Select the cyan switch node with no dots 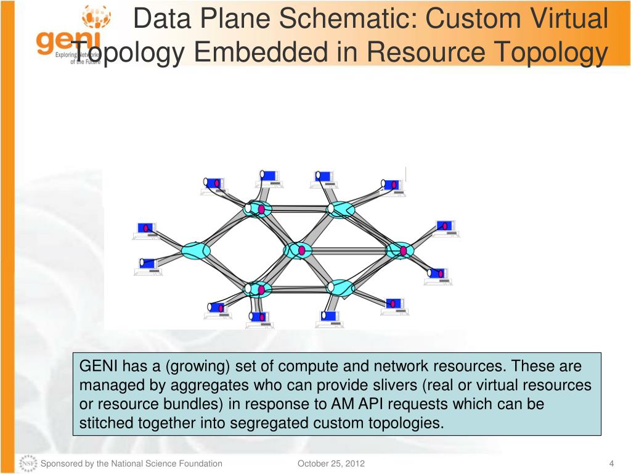(x=197, y=250)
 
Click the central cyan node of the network (x=298, y=250)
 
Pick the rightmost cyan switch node (x=400, y=250)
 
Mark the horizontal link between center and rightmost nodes (x=349, y=251)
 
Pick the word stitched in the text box (x=105, y=423)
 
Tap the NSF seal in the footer (x=28, y=464)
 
